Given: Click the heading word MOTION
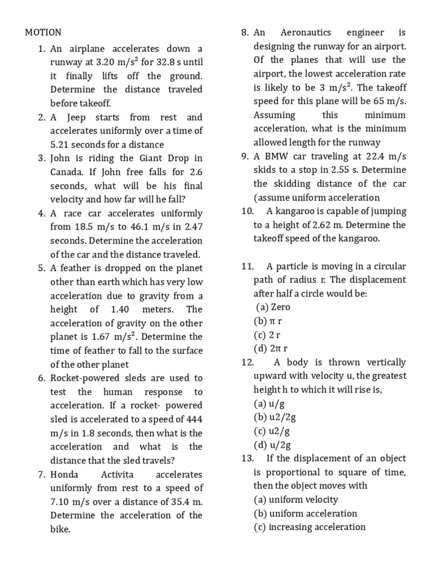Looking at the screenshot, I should point(43,33).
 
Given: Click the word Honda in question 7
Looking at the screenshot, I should point(65,475).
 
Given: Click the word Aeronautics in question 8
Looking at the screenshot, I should point(306,33).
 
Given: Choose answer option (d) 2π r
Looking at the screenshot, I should point(271,349).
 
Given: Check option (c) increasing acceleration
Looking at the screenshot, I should point(309,527).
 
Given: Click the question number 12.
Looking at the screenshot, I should point(248,362).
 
